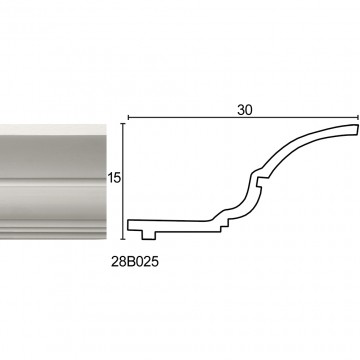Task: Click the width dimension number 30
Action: (x=245, y=110)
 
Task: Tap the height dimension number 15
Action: (x=114, y=178)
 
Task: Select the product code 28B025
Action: (x=135, y=262)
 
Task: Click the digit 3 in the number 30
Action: (x=241, y=110)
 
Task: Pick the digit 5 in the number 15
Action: (x=116, y=178)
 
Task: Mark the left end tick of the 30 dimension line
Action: (x=128, y=117)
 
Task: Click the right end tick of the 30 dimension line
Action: (x=358, y=117)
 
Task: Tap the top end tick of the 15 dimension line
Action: (x=123, y=124)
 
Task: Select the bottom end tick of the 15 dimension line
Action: (x=123, y=239)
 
